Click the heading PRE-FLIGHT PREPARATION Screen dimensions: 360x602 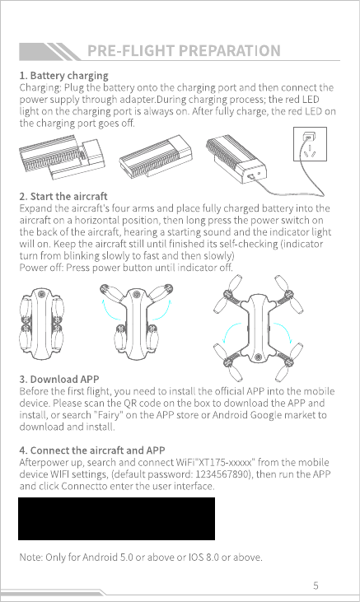184,51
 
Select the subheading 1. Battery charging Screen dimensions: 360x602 63,75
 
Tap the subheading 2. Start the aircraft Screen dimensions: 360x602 63,196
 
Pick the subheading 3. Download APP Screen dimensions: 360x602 59,379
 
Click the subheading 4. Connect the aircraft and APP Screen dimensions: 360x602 92,450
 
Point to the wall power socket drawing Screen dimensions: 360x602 310,144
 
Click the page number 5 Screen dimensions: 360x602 316,585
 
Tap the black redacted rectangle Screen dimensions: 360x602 116,519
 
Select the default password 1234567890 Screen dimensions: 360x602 222,474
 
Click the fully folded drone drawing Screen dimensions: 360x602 41,324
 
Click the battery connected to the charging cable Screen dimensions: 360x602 235,161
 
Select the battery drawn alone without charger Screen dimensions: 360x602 155,156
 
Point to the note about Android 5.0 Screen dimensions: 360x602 141,557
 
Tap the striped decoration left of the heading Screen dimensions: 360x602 50,51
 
